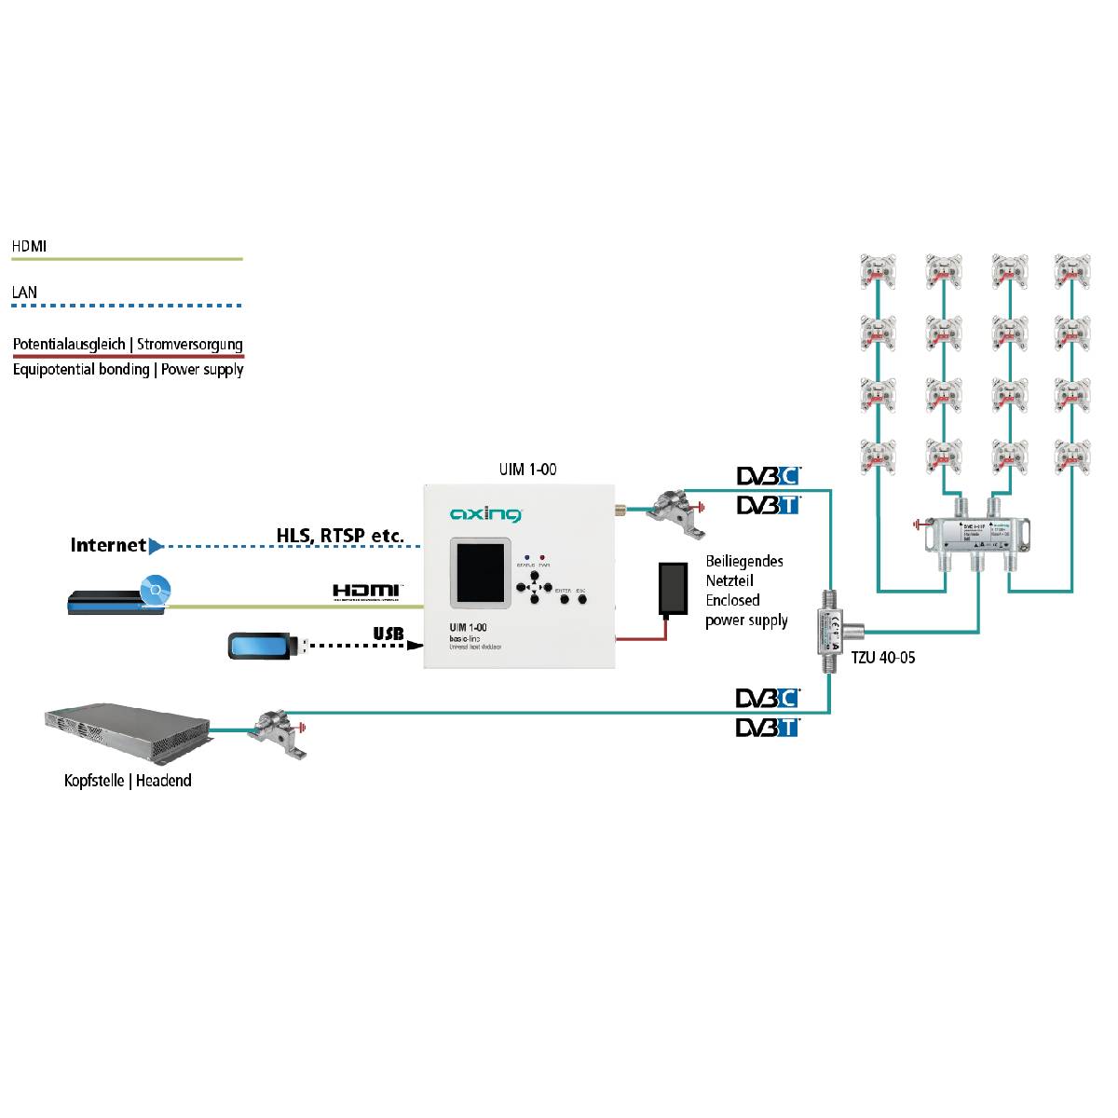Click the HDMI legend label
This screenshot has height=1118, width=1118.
(29, 246)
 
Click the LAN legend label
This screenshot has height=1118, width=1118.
(25, 293)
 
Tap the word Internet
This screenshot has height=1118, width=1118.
(108, 545)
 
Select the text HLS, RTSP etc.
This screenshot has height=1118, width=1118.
(340, 536)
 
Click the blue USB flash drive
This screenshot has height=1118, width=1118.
(264, 647)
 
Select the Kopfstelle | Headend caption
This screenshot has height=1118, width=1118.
(128, 781)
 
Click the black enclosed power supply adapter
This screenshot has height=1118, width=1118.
(670, 589)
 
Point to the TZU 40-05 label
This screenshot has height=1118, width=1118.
(882, 658)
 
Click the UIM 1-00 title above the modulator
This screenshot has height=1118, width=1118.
(528, 470)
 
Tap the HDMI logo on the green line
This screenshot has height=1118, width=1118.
(367, 591)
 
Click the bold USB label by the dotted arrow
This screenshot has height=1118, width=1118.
(389, 634)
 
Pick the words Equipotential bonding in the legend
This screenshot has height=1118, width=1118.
(81, 370)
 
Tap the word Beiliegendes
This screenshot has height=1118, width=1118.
(744, 561)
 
